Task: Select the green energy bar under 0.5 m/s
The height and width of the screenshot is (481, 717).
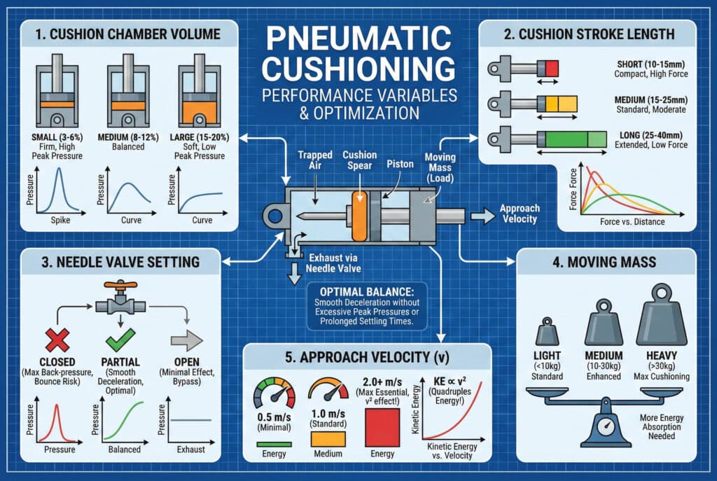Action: [274, 442]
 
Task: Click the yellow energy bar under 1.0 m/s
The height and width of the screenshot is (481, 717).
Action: [328, 438]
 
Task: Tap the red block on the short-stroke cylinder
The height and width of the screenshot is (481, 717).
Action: [552, 69]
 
